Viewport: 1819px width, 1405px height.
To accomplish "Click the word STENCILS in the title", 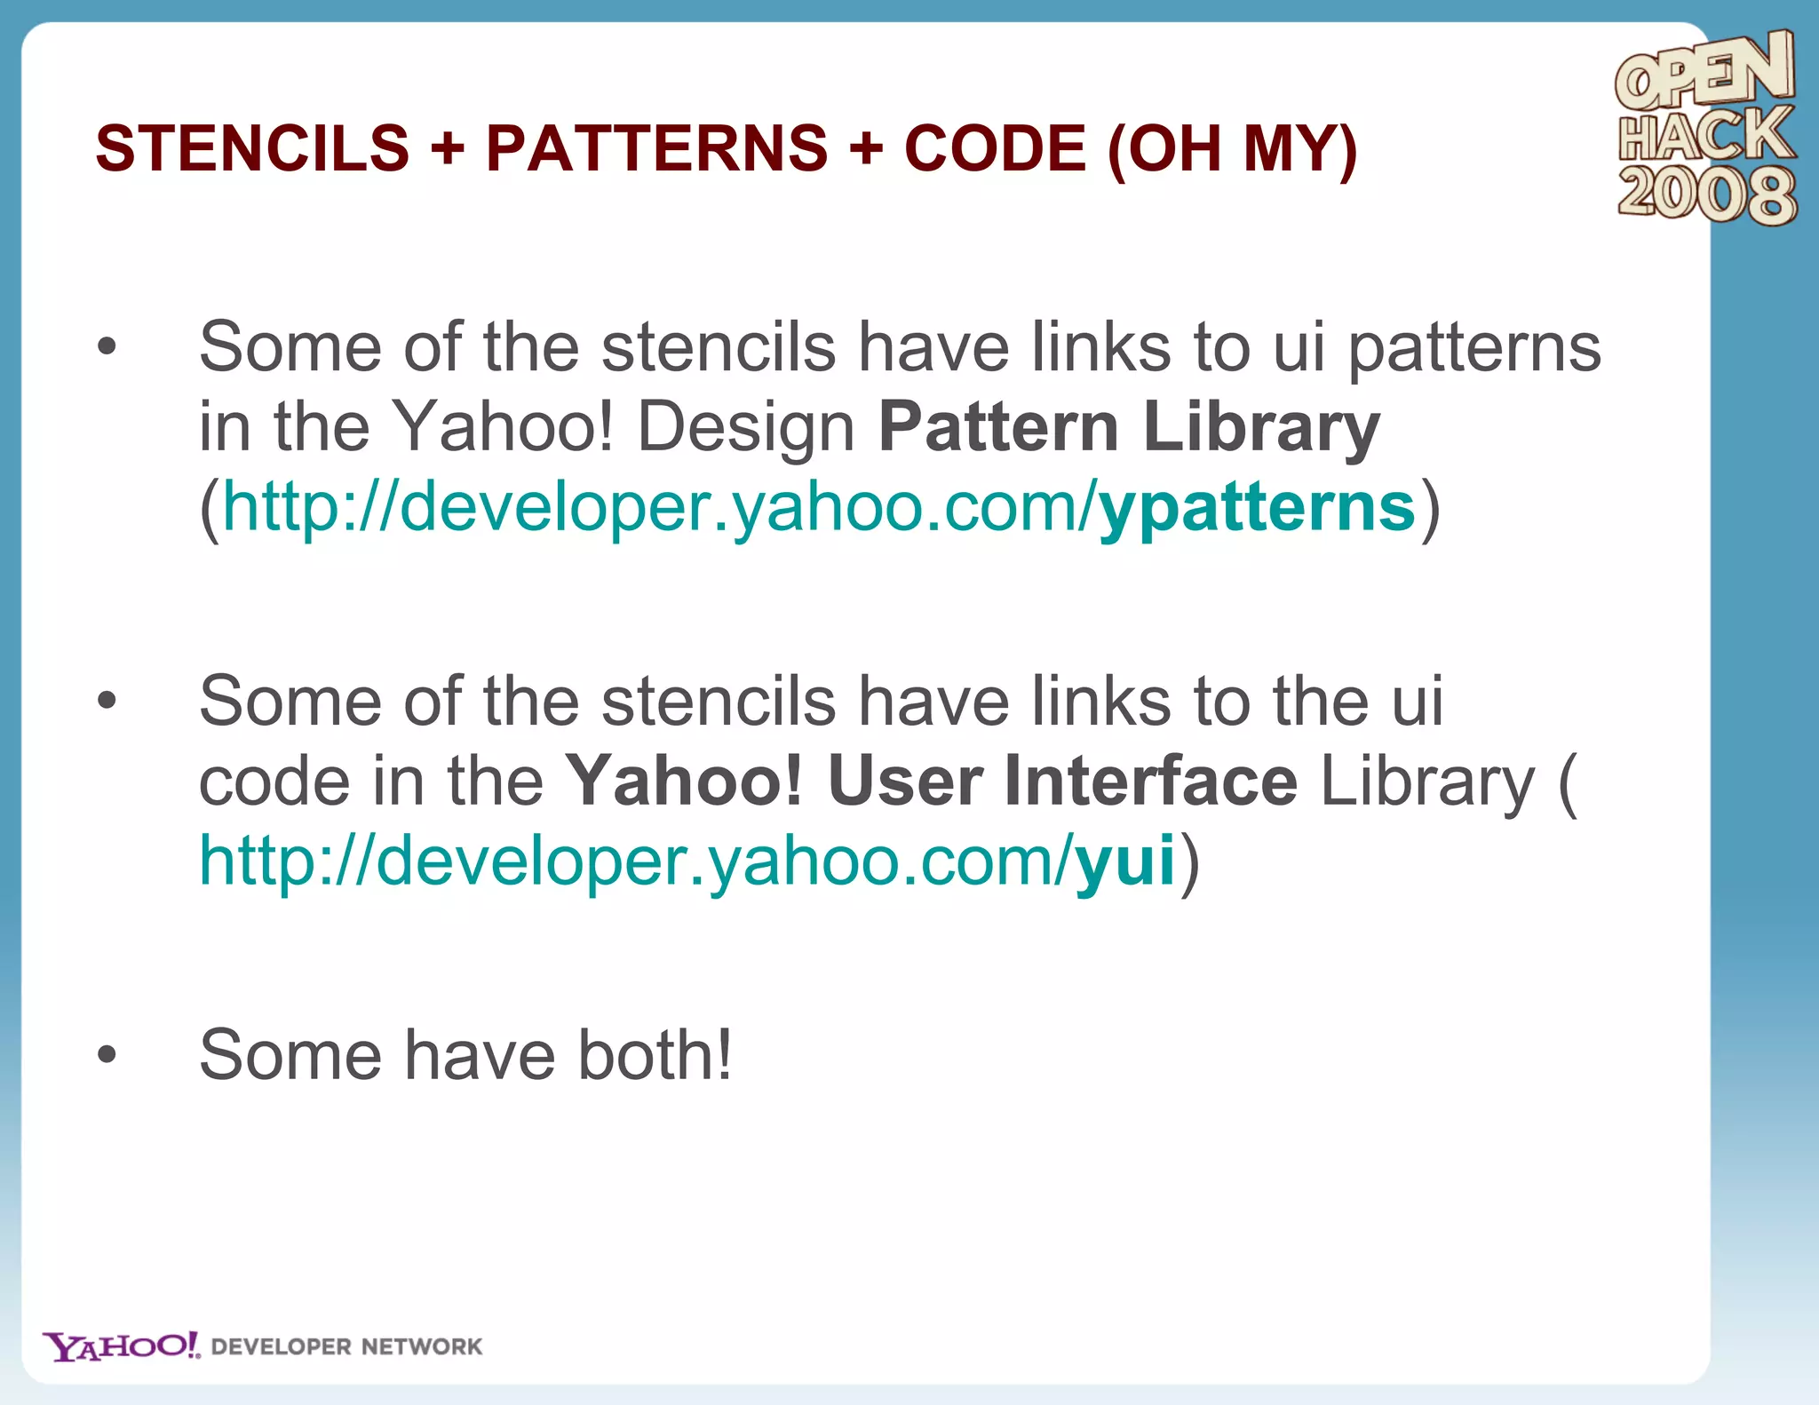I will pyautogui.click(x=252, y=148).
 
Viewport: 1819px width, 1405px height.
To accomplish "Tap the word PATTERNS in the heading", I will pyautogui.click(x=656, y=148).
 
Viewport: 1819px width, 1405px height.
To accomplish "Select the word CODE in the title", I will pyautogui.click(x=995, y=148).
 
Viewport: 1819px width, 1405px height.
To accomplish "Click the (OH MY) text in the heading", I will pyautogui.click(x=1233, y=148).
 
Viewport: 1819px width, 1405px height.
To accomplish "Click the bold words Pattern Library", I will pyautogui.click(x=1128, y=427).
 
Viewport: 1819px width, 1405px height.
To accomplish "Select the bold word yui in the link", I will pyautogui.click(x=1124, y=861).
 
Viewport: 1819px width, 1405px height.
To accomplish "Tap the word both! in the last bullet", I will pyautogui.click(x=655, y=1055).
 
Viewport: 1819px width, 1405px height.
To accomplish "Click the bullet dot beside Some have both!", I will pyautogui.click(x=107, y=1055).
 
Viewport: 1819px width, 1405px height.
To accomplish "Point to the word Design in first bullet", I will pyautogui.click(x=746, y=427).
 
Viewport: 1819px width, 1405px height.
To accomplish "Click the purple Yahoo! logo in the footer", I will pyautogui.click(x=122, y=1346).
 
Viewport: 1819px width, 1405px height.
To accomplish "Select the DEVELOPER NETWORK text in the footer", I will pyautogui.click(x=346, y=1347).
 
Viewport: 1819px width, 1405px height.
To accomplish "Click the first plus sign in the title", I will pyautogui.click(x=448, y=148).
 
